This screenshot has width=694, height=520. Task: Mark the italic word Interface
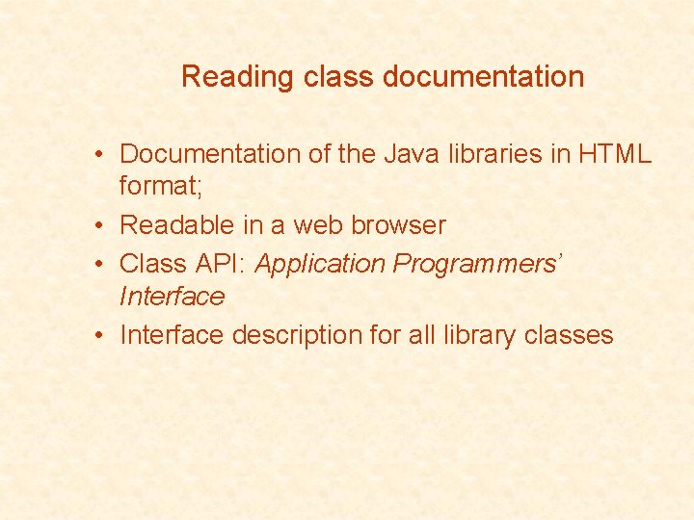(x=172, y=297)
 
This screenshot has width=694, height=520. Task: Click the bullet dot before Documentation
(x=100, y=155)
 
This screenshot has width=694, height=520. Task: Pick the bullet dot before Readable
(x=100, y=226)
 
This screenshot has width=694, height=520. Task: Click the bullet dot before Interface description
(x=100, y=336)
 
